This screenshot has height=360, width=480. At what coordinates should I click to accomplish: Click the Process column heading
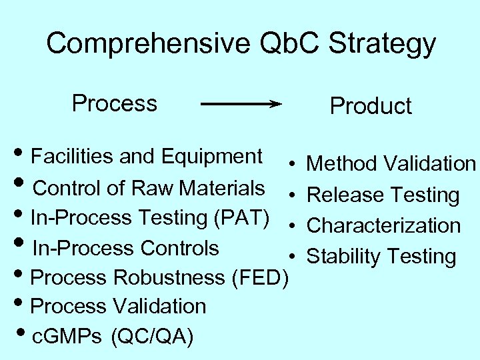click(x=115, y=103)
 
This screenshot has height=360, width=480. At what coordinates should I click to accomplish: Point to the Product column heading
click(x=371, y=106)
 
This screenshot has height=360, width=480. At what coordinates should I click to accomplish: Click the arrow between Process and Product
click(x=241, y=104)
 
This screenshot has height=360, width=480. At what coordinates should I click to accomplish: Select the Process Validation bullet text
click(x=119, y=306)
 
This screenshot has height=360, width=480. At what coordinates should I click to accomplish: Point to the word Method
click(x=340, y=163)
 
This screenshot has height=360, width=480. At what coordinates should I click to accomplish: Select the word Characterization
click(x=383, y=225)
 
